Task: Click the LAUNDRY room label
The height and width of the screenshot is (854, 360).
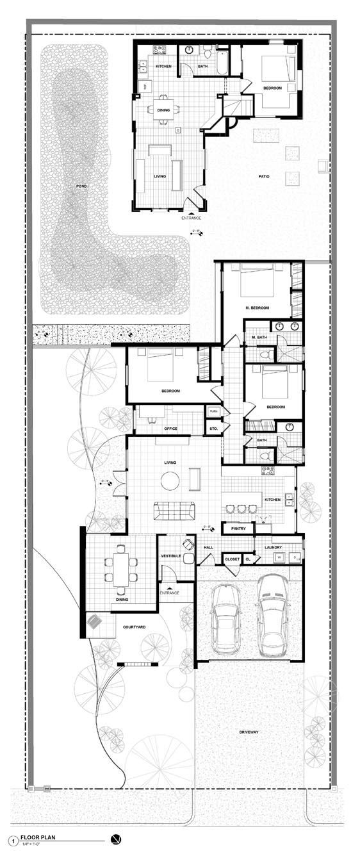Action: click(273, 547)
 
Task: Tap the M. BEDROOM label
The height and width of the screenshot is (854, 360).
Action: click(257, 308)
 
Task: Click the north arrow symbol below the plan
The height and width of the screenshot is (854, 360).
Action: click(115, 840)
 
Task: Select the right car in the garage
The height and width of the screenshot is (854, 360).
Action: click(271, 611)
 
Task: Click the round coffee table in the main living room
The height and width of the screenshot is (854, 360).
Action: click(171, 480)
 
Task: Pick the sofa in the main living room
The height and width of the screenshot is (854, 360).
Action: click(174, 511)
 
